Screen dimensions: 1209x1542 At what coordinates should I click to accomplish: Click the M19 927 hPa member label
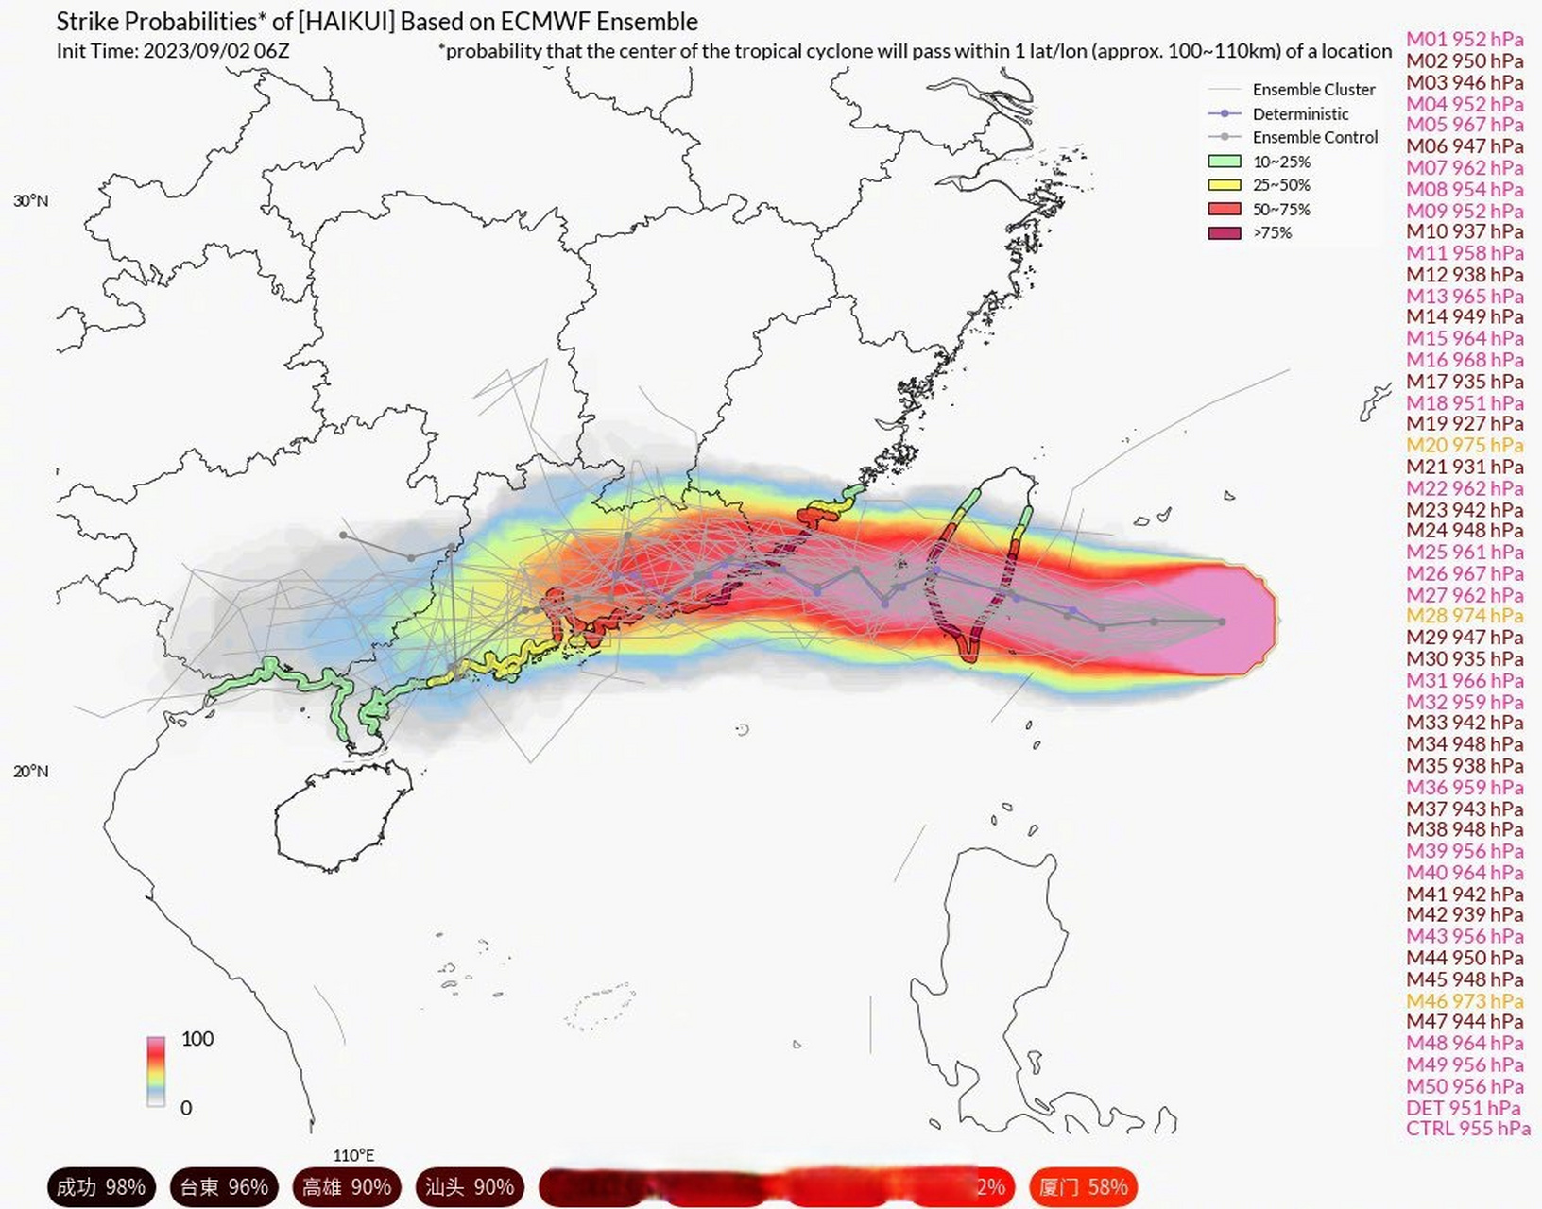tap(1465, 424)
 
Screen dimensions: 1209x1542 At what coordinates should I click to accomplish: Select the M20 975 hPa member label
tap(1465, 445)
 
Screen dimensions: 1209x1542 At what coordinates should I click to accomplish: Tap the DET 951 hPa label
tap(1463, 1108)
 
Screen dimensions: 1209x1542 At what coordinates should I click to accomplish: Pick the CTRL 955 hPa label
tap(1467, 1129)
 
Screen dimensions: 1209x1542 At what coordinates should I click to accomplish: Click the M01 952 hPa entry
tap(1465, 39)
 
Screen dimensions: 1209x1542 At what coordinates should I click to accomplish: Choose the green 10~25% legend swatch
tap(1225, 162)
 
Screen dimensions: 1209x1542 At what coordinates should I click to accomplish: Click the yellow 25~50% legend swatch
tap(1225, 185)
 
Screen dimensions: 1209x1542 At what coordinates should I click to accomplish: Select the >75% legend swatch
tap(1225, 232)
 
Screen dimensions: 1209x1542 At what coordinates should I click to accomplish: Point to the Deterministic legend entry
tap(1300, 113)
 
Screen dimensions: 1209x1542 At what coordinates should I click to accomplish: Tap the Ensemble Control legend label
tap(1314, 137)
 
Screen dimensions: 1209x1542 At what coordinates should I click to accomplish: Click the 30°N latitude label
tap(31, 200)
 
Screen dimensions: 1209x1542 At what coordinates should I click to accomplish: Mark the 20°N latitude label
tap(31, 771)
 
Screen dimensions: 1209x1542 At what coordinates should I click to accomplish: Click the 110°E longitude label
tap(353, 1154)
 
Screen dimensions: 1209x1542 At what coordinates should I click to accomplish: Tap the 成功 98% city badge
tap(100, 1187)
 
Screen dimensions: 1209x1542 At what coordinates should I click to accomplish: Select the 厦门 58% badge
tap(1083, 1187)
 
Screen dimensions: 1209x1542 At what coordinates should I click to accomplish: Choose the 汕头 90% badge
tap(469, 1187)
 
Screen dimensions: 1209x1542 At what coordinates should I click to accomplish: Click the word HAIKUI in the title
tap(347, 22)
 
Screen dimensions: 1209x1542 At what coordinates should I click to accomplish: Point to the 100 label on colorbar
tap(197, 1039)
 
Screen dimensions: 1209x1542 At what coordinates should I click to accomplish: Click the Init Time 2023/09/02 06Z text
tap(173, 51)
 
